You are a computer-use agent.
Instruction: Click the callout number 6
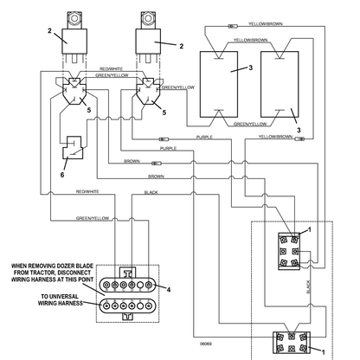[x=62, y=175]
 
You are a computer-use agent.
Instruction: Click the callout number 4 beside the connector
[x=169, y=289]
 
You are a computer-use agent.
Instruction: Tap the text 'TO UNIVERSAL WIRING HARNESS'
[x=60, y=299]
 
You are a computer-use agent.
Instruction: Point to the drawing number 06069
[x=206, y=344]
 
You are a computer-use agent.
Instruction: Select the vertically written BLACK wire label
[x=308, y=286]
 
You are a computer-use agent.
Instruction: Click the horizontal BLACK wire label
[x=151, y=192]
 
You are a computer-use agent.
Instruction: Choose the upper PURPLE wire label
[x=204, y=138]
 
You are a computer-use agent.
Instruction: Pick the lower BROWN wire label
[x=156, y=177]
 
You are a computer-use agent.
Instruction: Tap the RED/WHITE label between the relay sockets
[x=111, y=69]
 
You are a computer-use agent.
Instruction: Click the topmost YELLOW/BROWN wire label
[x=266, y=24]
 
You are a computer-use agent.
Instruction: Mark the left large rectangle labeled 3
[x=219, y=84]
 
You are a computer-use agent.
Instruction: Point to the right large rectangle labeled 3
[x=280, y=84]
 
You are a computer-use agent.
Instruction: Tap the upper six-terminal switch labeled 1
[x=289, y=251]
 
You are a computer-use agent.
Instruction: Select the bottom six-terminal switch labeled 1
[x=292, y=343]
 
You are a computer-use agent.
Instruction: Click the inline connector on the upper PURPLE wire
[x=164, y=139]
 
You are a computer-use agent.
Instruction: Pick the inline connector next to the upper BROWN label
[x=157, y=164]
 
